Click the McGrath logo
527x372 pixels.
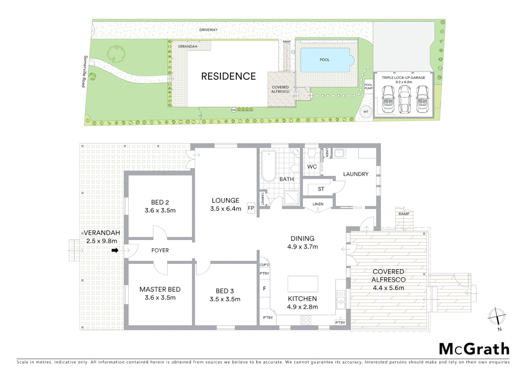pyautogui.click(x=474, y=349)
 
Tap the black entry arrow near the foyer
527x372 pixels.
pyautogui.click(x=115, y=250)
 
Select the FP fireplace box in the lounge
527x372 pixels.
pyautogui.click(x=251, y=208)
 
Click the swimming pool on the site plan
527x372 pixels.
pyautogui.click(x=325, y=60)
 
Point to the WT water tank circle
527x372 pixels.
pyautogui.click(x=366, y=112)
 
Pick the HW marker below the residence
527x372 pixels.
pyautogui.click(x=233, y=110)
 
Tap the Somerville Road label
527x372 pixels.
pyautogui.click(x=85, y=71)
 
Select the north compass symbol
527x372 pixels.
pyautogui.click(x=497, y=317)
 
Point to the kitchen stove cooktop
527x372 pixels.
pyautogui.click(x=306, y=320)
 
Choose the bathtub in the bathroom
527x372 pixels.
pyautogui.click(x=269, y=165)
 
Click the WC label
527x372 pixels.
pyautogui.click(x=312, y=167)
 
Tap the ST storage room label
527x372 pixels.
pyautogui.click(x=321, y=189)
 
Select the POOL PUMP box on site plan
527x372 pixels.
pyautogui.click(x=368, y=86)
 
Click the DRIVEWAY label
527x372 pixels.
pyautogui.click(x=208, y=30)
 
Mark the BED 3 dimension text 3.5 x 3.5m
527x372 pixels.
pyautogui.click(x=225, y=299)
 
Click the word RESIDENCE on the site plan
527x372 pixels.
pyautogui.click(x=228, y=76)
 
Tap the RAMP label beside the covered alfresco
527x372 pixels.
pyautogui.click(x=404, y=214)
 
